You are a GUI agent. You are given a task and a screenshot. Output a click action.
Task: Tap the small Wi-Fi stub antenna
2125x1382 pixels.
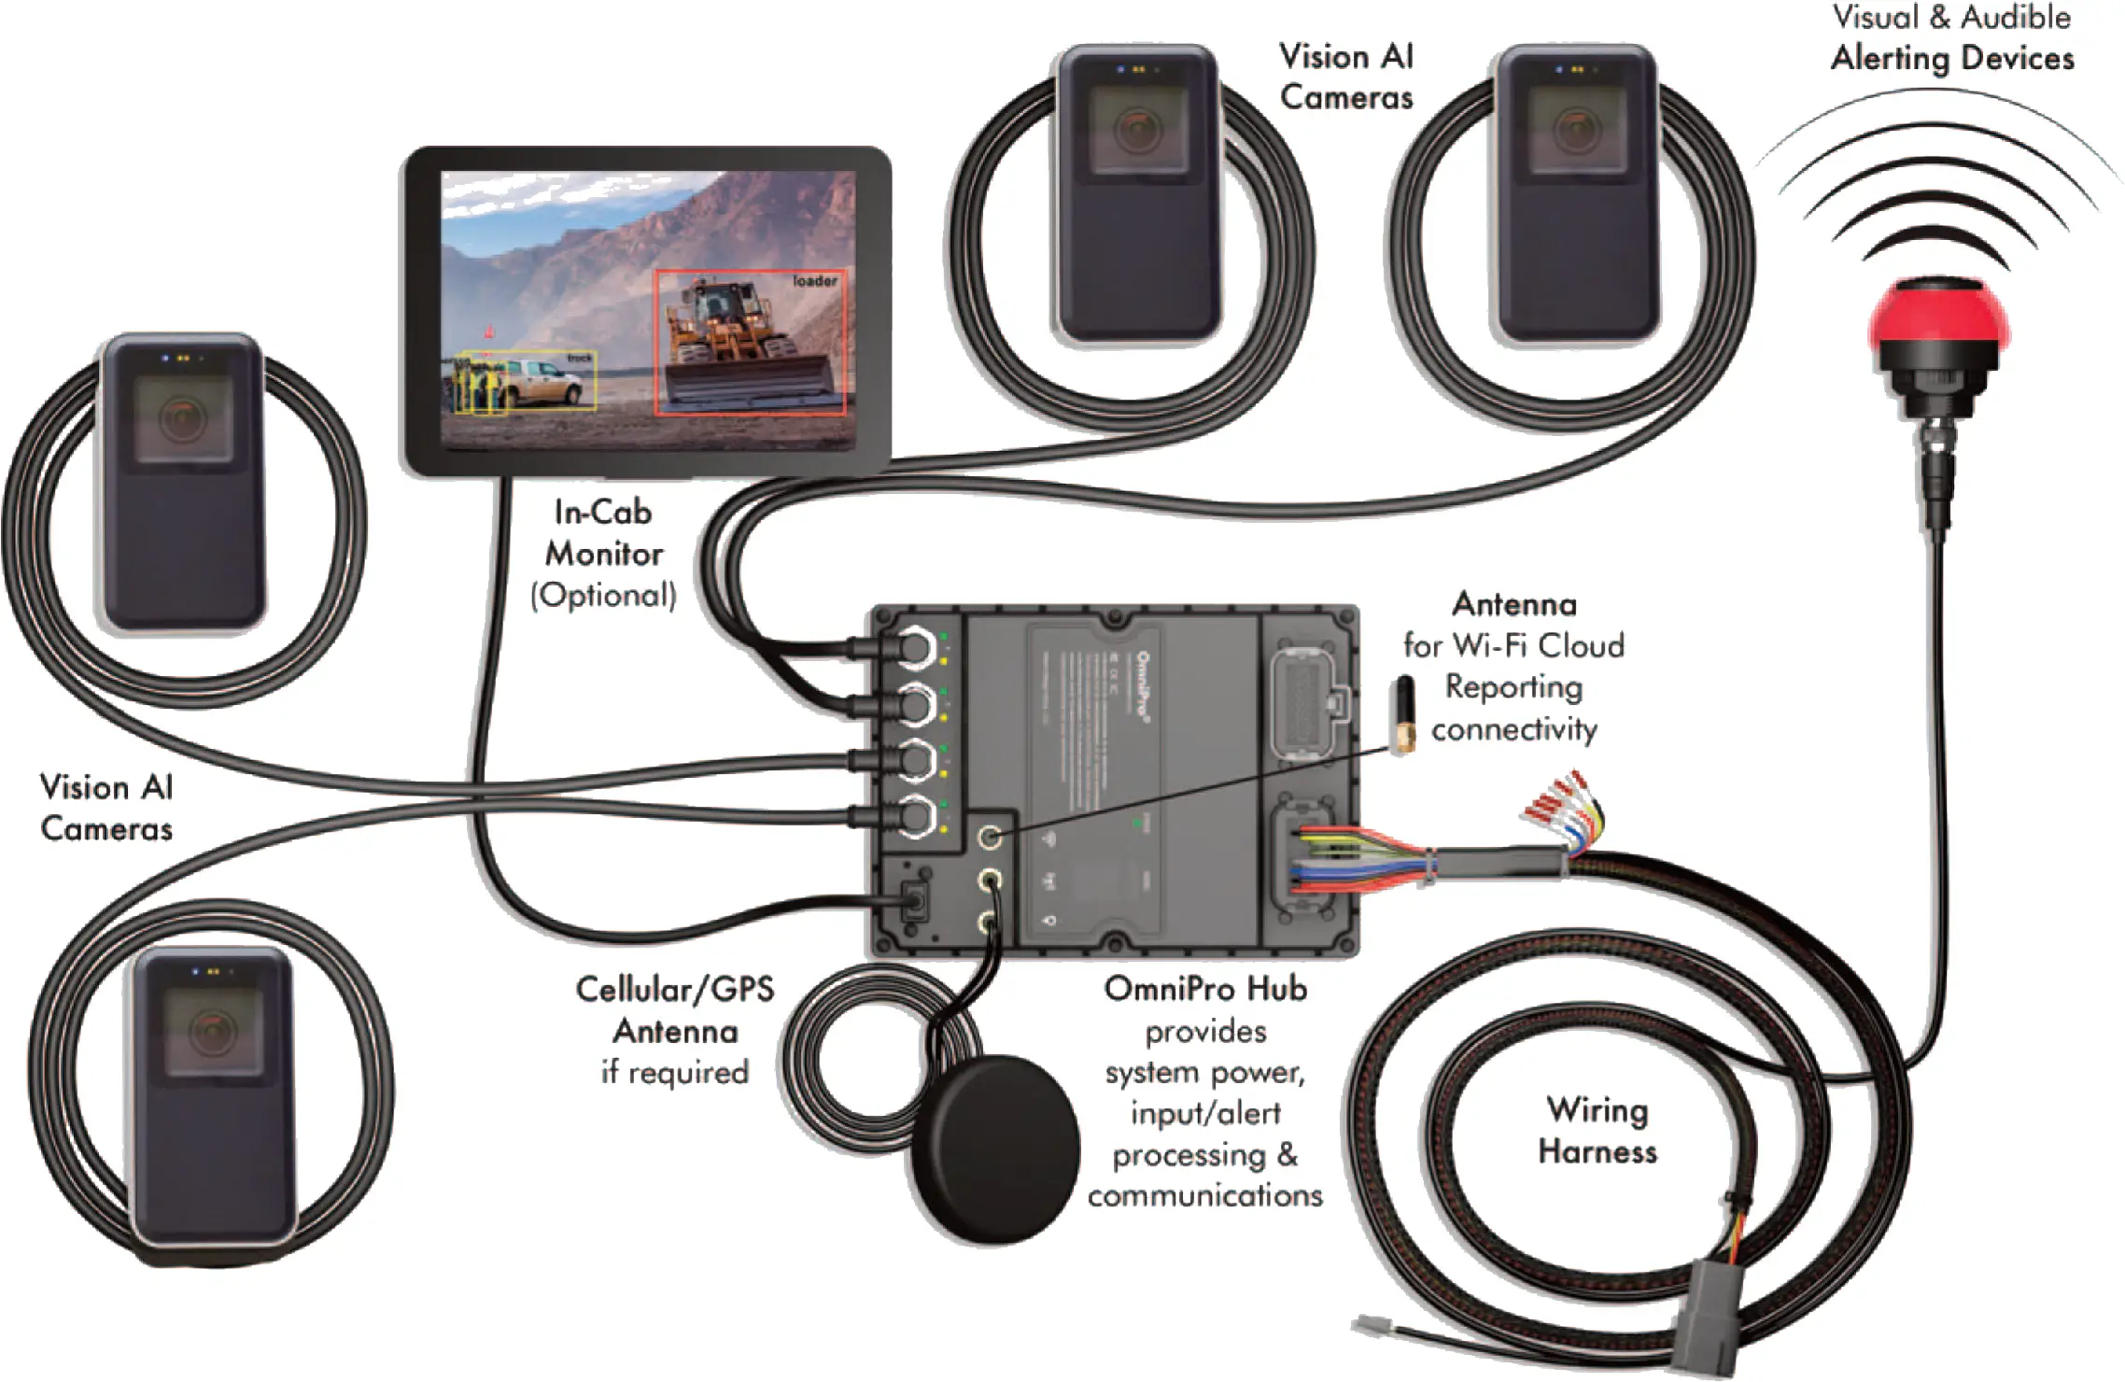(1402, 714)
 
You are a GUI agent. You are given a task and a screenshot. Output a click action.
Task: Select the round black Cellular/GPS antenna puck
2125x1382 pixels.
(995, 1149)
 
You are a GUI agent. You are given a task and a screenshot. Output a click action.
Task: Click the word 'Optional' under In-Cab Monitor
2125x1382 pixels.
(604, 596)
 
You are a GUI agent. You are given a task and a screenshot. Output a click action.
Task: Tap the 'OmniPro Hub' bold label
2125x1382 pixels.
(1204, 989)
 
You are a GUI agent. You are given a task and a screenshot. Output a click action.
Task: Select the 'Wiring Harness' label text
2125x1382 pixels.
(1597, 1130)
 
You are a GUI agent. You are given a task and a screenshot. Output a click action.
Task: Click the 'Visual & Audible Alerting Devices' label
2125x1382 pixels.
(1951, 37)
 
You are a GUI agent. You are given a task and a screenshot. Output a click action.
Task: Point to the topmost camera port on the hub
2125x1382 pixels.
(915, 646)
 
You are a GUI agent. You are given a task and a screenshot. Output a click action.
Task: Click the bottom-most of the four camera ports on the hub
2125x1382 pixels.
(915, 816)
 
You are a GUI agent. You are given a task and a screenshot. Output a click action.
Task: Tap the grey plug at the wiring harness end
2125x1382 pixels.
(1703, 1317)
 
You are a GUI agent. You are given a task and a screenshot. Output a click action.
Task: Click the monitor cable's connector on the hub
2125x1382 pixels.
(913, 900)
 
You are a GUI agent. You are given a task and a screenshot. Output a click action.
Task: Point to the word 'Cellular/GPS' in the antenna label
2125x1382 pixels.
(674, 989)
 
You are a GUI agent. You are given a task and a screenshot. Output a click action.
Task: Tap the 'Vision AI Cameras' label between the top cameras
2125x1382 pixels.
(1346, 77)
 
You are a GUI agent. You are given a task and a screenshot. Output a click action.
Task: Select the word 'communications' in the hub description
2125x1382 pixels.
(1204, 1195)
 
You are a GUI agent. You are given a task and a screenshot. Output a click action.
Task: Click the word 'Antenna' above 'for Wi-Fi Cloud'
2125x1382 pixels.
(1513, 604)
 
